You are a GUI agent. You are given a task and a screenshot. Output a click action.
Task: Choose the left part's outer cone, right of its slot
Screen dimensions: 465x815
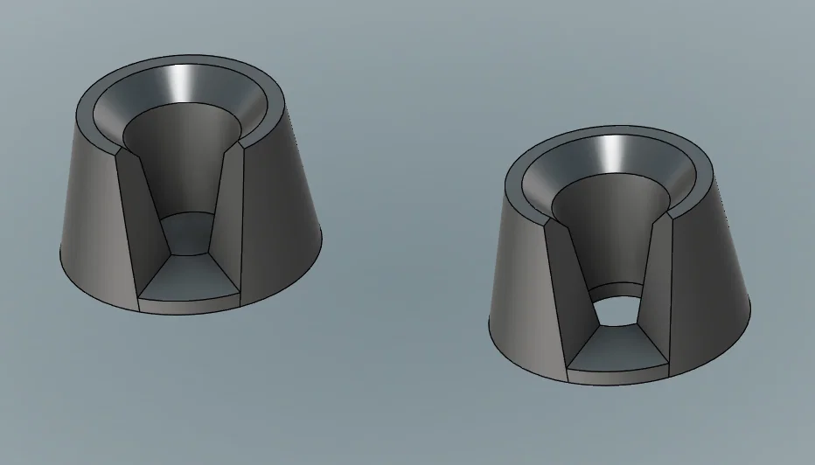280,201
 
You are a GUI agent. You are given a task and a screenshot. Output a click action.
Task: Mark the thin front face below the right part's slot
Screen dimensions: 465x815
617,375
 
